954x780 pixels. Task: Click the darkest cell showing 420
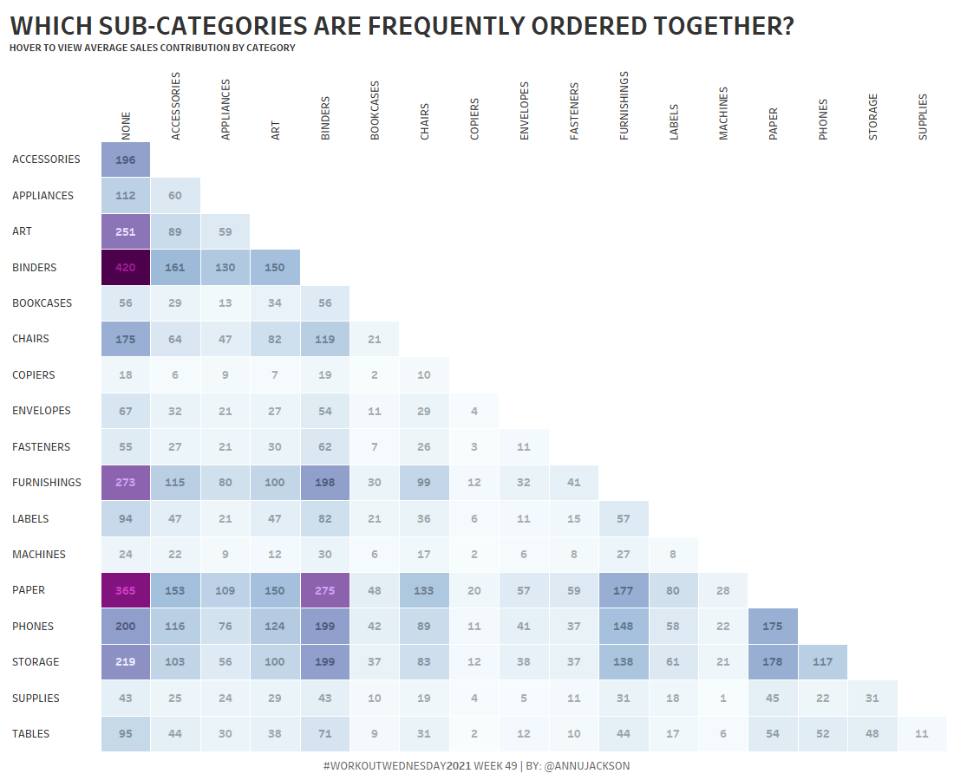pos(126,267)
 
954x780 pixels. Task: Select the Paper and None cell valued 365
pos(126,590)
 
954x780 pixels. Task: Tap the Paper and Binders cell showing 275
pos(325,590)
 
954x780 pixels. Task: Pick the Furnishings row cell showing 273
pos(126,483)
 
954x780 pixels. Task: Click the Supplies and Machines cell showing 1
pos(723,698)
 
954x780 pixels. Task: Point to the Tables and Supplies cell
pos(922,734)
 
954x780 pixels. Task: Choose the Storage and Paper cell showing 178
pos(773,662)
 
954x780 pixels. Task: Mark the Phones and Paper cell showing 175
pos(773,626)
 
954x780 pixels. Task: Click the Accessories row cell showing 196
pos(126,159)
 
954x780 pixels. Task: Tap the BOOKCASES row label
pos(42,303)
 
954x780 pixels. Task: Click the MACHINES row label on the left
pos(39,554)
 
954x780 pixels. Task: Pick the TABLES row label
pos(31,734)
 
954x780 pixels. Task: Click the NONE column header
pos(127,125)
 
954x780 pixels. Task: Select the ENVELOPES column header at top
pos(525,111)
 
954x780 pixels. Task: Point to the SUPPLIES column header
pos(923,116)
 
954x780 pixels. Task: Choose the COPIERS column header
pos(475,119)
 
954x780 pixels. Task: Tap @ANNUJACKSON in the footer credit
pos(587,766)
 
